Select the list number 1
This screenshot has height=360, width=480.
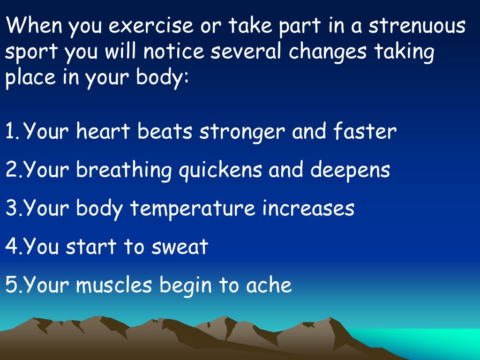[10, 132]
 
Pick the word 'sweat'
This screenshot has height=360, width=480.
[179, 247]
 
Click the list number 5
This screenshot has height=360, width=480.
[11, 285]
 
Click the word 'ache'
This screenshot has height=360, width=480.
[270, 285]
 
